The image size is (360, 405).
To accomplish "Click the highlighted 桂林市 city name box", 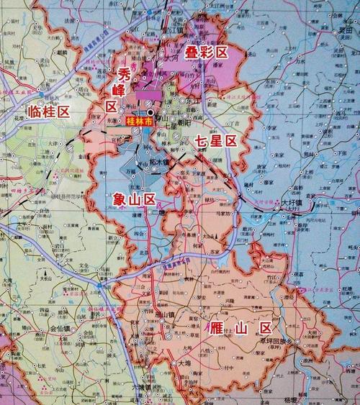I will pyautogui.click(x=139, y=123).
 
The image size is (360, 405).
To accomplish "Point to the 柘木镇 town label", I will pyautogui.click(x=158, y=162).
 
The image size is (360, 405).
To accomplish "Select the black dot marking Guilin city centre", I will pyautogui.click(x=150, y=113).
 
